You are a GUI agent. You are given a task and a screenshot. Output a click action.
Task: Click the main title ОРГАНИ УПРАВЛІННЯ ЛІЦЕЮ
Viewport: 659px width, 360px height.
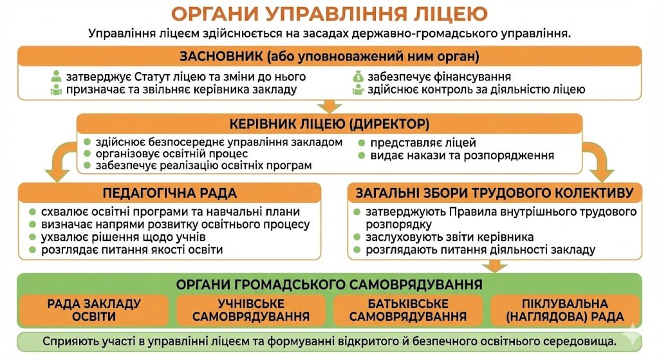[329, 14]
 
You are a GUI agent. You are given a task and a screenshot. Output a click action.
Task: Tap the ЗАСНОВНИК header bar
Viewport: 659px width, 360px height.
[329, 56]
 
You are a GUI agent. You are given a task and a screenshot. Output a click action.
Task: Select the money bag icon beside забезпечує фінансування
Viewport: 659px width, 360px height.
[358, 77]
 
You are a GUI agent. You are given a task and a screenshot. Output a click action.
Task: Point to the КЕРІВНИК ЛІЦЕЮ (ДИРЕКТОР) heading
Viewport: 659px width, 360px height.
[329, 124]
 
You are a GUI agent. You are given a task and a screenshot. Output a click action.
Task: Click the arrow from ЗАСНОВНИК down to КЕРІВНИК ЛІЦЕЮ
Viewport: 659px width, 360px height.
[329, 106]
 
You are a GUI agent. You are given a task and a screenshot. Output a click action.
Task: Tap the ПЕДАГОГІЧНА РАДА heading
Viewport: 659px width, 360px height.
[170, 193]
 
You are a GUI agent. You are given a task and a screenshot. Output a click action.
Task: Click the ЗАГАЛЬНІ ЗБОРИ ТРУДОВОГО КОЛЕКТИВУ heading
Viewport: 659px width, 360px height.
[495, 193]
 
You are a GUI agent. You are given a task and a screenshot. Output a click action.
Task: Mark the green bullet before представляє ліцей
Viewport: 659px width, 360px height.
[362, 143]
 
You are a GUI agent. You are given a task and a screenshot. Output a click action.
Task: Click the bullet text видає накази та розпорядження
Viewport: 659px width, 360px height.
[462, 156]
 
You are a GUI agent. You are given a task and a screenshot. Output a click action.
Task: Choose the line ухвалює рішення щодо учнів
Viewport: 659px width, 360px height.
[123, 237]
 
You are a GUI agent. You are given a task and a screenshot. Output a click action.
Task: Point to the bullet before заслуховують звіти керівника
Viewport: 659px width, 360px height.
[357, 237]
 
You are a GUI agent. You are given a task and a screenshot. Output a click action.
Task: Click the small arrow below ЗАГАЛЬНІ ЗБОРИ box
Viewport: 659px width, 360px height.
[495, 266]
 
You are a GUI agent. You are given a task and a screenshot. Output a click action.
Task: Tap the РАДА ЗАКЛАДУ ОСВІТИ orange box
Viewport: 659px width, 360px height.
[94, 310]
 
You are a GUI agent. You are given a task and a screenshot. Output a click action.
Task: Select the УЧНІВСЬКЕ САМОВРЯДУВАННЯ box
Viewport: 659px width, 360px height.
[251, 310]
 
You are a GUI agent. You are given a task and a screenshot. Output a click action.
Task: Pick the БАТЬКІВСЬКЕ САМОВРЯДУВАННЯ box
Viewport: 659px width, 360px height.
[407, 310]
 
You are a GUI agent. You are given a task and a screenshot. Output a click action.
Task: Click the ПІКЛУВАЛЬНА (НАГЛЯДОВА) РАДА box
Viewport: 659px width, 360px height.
[565, 310]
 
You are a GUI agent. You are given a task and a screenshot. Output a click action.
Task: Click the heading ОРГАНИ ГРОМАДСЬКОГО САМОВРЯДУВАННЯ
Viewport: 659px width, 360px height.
[329, 285]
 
